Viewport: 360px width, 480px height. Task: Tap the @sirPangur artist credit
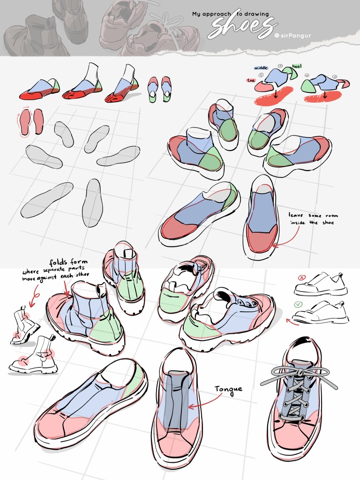point(293,35)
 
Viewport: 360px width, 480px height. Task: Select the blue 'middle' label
point(261,68)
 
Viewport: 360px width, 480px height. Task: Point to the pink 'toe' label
point(251,80)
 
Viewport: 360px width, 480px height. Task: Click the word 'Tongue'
point(229,389)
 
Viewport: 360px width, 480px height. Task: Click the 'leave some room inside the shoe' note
point(313,219)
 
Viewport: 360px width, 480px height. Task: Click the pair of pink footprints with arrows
point(31,121)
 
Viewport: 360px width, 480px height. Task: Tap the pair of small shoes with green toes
point(159,89)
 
